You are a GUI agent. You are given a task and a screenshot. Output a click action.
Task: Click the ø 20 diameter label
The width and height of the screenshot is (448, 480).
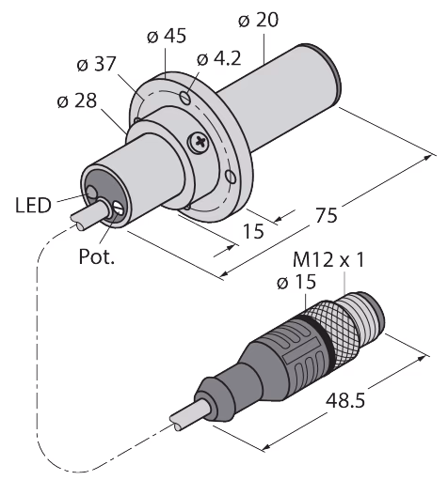(x=258, y=21)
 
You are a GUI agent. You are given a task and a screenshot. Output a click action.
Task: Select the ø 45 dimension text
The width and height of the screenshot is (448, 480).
(x=167, y=36)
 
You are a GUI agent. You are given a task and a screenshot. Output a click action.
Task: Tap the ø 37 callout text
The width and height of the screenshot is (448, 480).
(x=96, y=64)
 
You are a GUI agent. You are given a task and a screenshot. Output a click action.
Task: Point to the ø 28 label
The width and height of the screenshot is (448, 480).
(x=77, y=101)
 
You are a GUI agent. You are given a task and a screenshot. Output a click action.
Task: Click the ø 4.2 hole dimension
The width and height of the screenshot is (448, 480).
(x=219, y=58)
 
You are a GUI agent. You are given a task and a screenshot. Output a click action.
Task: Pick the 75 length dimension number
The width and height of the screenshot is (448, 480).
(x=327, y=215)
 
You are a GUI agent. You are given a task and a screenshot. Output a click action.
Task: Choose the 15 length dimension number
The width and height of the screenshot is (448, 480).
(x=254, y=231)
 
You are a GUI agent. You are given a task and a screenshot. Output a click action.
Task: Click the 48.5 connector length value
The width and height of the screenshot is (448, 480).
(x=345, y=400)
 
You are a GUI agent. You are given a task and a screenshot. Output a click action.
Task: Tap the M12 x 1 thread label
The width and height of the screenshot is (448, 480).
(x=328, y=259)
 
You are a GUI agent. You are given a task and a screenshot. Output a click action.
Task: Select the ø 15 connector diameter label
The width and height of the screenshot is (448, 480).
(x=296, y=282)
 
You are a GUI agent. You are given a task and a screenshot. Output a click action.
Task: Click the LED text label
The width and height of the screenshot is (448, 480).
(x=33, y=206)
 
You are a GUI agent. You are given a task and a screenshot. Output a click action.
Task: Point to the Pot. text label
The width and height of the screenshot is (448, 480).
(x=96, y=256)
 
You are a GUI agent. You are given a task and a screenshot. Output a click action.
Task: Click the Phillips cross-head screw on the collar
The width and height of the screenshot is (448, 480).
(x=200, y=143)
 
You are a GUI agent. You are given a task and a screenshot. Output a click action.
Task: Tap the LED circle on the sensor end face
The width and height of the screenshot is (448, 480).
(x=91, y=193)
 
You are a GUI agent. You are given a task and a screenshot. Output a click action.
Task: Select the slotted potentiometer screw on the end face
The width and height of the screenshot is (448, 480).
(x=119, y=208)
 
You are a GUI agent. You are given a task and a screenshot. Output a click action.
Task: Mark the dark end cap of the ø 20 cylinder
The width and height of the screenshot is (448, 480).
(x=324, y=73)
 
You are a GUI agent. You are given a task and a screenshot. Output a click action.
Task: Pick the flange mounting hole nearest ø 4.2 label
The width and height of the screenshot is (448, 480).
(x=185, y=98)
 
